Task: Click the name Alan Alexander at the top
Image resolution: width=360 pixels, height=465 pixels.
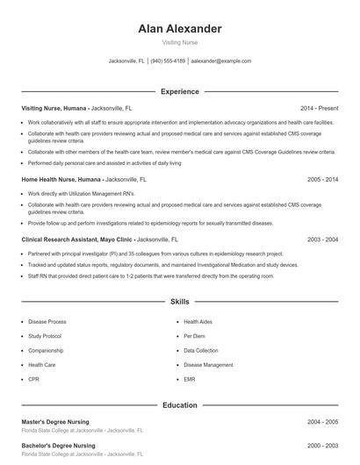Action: click(179, 29)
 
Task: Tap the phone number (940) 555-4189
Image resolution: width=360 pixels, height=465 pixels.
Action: click(168, 61)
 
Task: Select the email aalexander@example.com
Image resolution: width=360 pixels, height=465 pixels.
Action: click(221, 61)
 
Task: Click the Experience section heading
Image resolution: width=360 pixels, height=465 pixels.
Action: click(179, 91)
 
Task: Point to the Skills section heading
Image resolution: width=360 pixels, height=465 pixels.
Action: click(179, 301)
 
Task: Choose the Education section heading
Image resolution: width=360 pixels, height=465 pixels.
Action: click(179, 405)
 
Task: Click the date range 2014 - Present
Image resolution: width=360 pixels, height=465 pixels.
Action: click(319, 107)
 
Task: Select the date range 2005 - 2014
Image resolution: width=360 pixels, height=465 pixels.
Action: click(322, 179)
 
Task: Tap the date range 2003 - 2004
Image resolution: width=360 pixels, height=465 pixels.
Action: click(322, 239)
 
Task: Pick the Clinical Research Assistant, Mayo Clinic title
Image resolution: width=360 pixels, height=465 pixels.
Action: click(76, 239)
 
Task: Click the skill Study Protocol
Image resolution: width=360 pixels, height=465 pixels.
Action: click(45, 336)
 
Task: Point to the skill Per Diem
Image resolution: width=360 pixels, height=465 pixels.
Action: click(194, 336)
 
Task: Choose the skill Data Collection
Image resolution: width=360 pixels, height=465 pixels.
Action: click(201, 350)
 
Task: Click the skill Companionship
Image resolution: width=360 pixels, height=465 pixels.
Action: click(46, 350)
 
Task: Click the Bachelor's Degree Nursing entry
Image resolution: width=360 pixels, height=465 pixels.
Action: click(58, 446)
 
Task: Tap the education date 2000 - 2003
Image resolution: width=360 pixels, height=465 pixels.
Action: click(322, 446)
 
